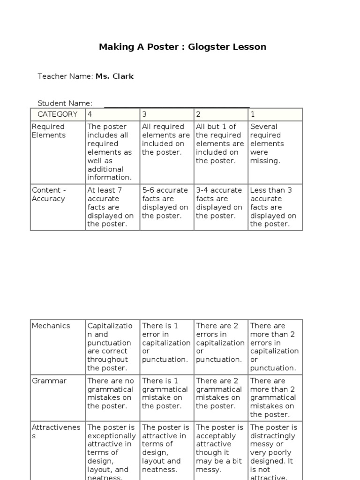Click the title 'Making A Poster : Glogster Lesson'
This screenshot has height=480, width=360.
pos(182,47)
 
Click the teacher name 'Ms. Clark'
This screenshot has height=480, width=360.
pos(114,76)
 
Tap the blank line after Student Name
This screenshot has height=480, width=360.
pos(176,104)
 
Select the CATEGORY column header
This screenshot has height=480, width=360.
pos(58,114)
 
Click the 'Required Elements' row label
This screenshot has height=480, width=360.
pos(48,131)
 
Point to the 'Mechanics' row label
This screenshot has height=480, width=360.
pos(51,326)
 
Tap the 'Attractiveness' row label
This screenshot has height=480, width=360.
pos(56,431)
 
